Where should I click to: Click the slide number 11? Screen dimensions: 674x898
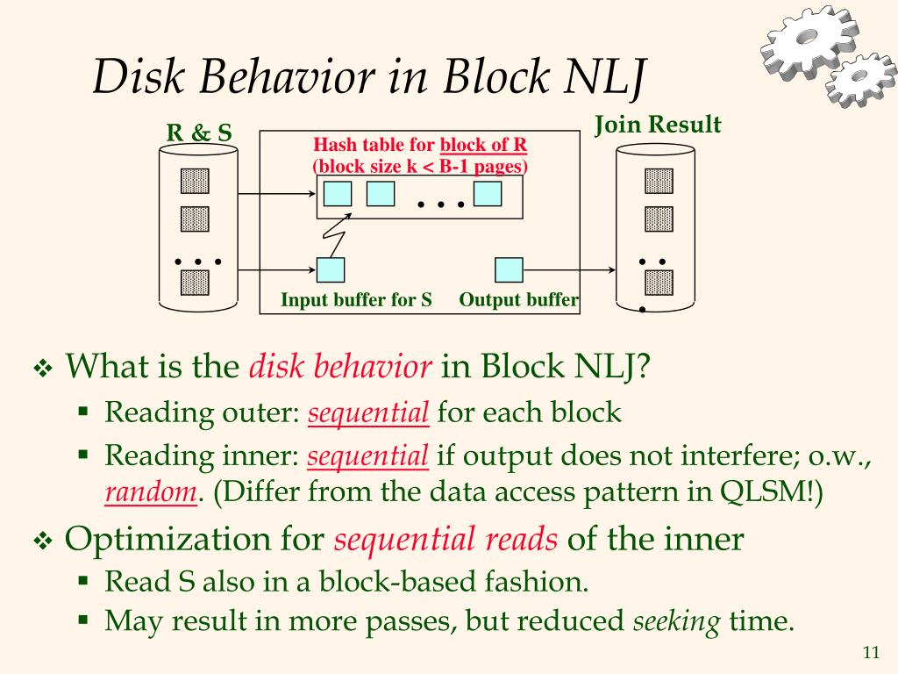coord(871,652)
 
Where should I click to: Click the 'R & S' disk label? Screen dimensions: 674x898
coord(199,133)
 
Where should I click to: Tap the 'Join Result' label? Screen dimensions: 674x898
coord(658,125)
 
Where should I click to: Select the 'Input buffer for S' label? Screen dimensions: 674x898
coord(357,300)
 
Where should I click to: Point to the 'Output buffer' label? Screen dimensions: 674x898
coord(518,300)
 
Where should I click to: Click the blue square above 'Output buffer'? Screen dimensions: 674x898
coord(509,269)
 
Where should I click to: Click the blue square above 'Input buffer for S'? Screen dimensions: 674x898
coord(331,269)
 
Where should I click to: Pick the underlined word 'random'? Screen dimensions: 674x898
coord(150,493)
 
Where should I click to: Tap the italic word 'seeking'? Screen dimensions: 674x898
coord(677,622)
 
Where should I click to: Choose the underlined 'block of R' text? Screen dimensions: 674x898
coord(483,145)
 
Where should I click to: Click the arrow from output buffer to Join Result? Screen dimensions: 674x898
coord(569,270)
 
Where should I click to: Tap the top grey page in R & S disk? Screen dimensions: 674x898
coord(195,181)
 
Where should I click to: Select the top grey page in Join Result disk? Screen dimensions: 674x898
coord(659,181)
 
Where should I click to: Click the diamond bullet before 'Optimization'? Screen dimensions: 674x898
coord(43,541)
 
